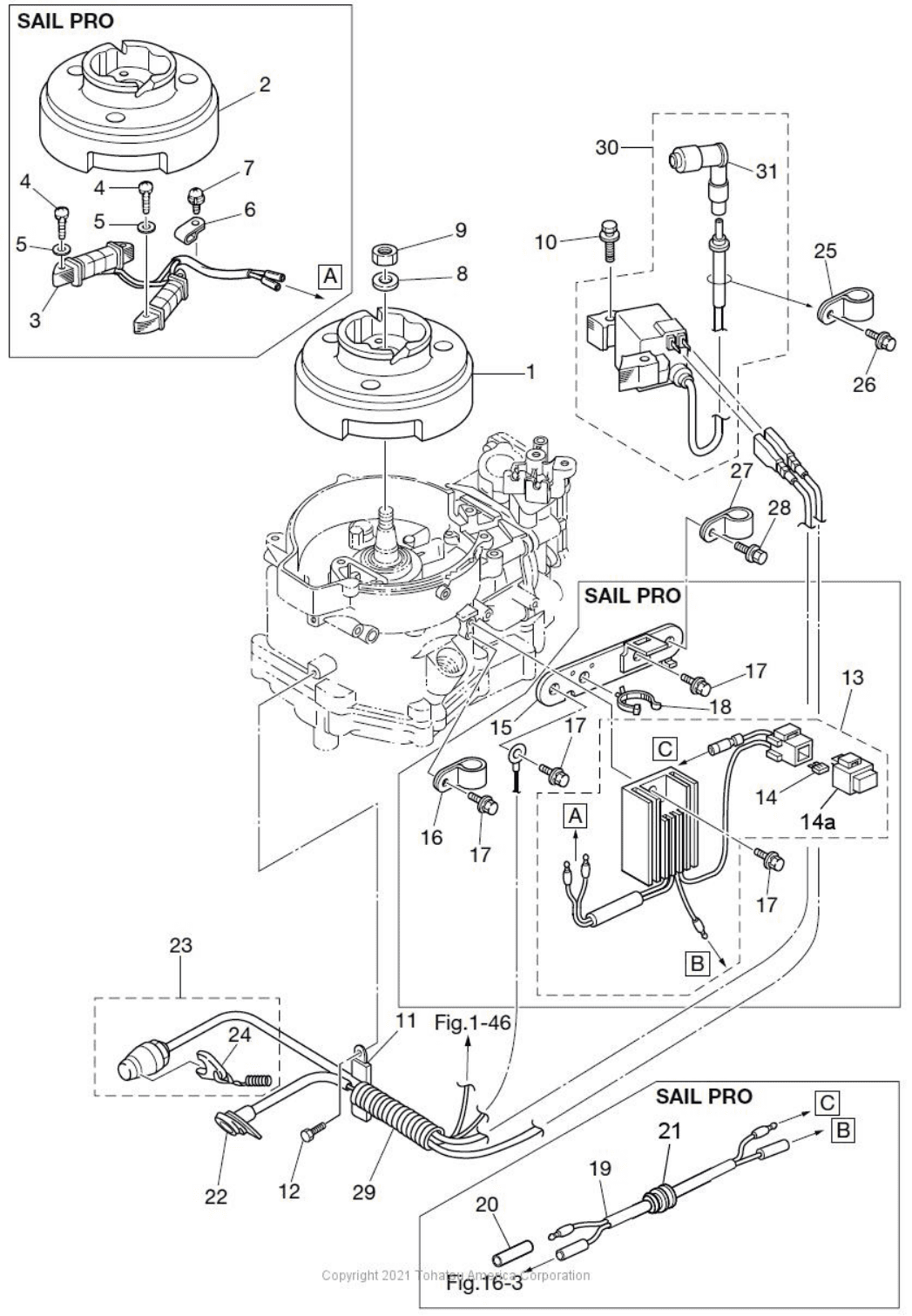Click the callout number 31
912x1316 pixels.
(767, 172)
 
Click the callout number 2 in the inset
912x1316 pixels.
(265, 84)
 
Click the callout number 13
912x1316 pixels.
(854, 676)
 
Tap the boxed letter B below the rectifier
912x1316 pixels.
(697, 962)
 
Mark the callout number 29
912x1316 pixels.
(364, 1191)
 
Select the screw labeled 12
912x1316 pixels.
(311, 1136)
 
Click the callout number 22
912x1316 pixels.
(215, 1196)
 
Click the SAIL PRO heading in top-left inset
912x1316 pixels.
(65, 21)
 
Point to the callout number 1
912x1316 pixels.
(530, 372)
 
